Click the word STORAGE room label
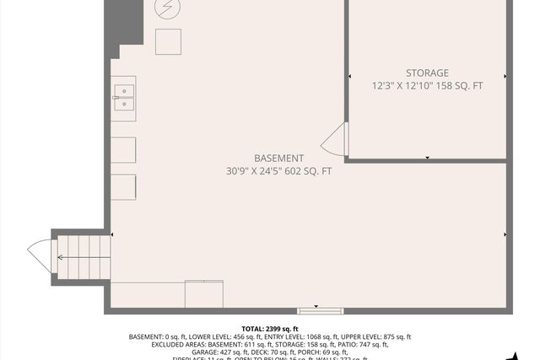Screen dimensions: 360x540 click(x=426, y=73)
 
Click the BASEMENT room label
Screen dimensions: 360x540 click(x=278, y=159)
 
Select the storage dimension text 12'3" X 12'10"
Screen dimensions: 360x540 click(x=402, y=86)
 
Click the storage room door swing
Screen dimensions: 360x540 click(x=335, y=139)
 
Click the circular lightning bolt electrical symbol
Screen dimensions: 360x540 click(x=167, y=8)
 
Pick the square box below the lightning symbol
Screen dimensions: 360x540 click(x=167, y=41)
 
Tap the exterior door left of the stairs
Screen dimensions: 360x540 click(x=40, y=256)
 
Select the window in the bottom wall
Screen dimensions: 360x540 click(x=321, y=310)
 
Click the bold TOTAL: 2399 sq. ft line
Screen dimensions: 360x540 click(x=270, y=328)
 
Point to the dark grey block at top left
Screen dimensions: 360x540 click(x=122, y=25)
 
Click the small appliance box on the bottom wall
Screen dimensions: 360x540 click(x=203, y=294)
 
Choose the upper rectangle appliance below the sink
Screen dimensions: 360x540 click(x=124, y=148)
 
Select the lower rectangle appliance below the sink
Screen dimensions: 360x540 click(x=124, y=186)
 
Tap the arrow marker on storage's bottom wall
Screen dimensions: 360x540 click(x=428, y=158)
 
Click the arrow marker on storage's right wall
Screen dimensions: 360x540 click(x=505, y=77)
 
